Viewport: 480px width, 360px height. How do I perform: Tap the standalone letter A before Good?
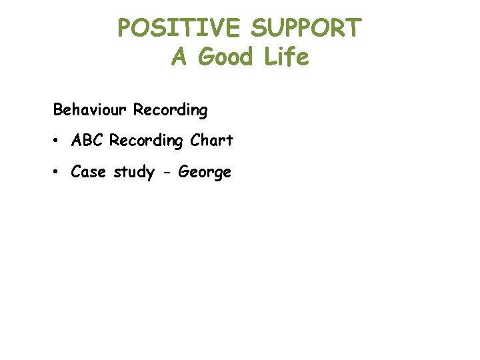pos(178,57)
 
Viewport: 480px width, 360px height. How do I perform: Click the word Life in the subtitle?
pos(285,57)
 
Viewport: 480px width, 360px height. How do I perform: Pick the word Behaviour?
pos(91,109)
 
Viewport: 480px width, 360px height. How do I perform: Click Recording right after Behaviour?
pos(170,110)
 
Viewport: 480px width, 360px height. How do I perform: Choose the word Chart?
pos(211,141)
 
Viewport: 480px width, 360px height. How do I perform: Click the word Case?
pos(89,172)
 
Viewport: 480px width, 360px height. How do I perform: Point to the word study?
pos(135,173)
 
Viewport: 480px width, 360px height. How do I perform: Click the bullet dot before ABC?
pos(59,141)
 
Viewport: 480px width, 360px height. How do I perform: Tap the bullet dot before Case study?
pos(59,173)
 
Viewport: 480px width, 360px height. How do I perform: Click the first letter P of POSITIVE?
pos(125,28)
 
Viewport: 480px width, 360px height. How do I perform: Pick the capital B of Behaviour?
pos(58,109)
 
